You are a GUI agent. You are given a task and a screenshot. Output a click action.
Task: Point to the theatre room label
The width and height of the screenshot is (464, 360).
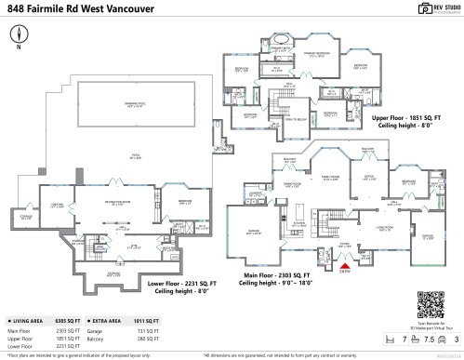click(x=57, y=207)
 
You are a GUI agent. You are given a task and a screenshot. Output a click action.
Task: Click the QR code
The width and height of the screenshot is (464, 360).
click(x=428, y=305)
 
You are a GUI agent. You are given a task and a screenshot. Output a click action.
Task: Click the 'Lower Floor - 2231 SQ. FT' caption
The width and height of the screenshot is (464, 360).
click(x=186, y=283)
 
